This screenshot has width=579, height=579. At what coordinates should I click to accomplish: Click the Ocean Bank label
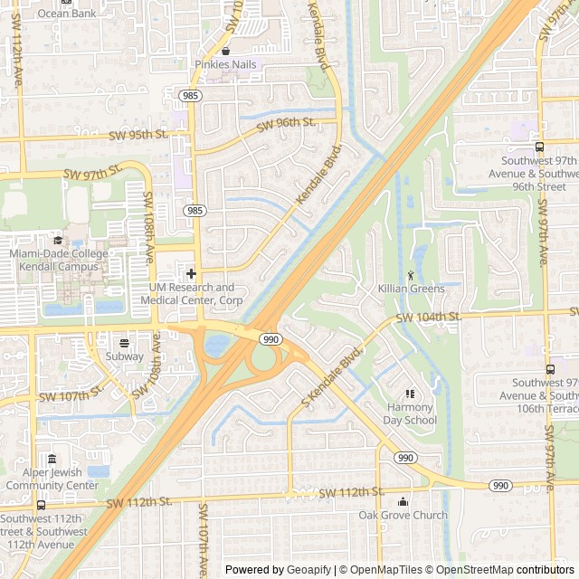click(x=67, y=14)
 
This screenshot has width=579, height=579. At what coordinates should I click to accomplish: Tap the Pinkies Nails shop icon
click(x=225, y=51)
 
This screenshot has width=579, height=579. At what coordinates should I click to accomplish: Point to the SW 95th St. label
click(x=138, y=135)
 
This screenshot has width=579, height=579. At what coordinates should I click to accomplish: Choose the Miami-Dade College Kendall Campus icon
click(x=58, y=241)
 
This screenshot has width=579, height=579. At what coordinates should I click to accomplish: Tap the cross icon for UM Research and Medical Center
click(x=191, y=273)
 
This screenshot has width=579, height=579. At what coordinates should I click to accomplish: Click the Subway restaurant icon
click(x=124, y=342)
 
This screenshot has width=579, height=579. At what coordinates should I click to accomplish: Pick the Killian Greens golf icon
click(x=411, y=274)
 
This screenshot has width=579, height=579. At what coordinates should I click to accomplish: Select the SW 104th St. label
click(x=428, y=318)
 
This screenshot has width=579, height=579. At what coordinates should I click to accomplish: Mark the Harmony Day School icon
click(x=410, y=394)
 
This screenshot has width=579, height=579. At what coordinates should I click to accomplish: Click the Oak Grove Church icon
click(x=403, y=501)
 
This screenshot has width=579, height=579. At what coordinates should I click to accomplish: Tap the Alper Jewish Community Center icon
click(x=52, y=459)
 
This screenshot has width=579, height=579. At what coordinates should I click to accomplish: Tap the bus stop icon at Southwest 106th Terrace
click(x=550, y=369)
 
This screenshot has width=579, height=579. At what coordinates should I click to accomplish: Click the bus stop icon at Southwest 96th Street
click(x=539, y=147)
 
